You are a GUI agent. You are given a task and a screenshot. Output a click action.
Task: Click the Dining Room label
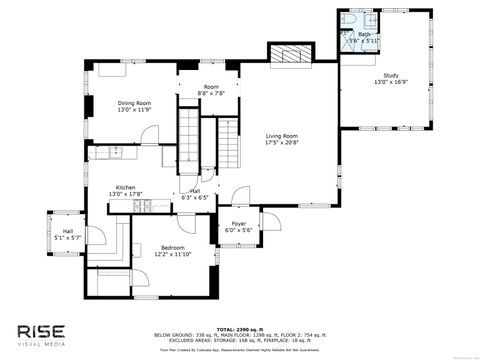click(134, 102)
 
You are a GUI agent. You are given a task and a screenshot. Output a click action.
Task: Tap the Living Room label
click(281, 136)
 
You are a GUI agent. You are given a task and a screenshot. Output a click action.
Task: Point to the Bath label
click(364, 34)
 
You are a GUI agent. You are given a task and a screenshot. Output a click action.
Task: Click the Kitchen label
click(125, 187)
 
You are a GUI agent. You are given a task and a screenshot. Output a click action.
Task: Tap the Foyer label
click(239, 223)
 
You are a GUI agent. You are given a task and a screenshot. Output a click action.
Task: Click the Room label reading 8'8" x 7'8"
click(211, 87)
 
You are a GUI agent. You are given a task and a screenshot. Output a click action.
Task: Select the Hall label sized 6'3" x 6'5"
click(195, 191)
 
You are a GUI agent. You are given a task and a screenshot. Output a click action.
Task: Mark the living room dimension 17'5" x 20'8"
click(281, 143)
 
